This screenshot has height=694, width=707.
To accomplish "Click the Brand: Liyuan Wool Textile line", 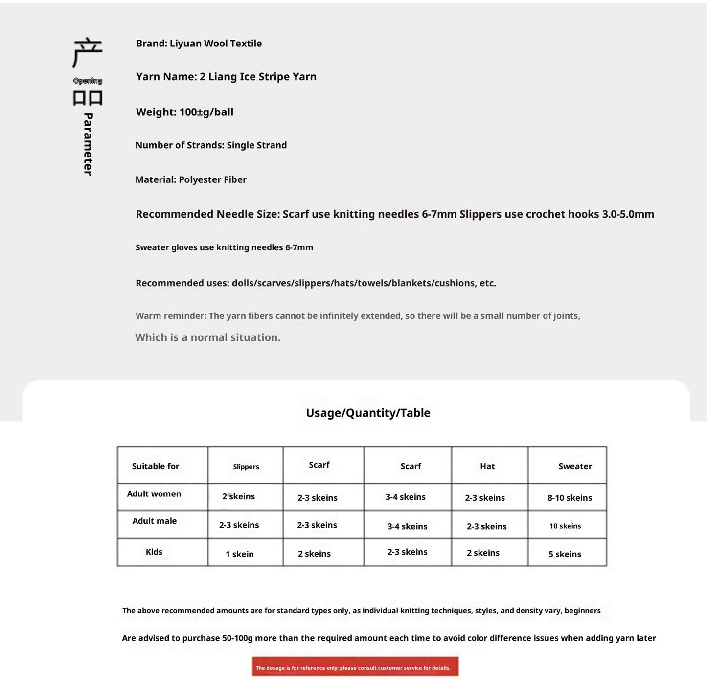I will [199, 44].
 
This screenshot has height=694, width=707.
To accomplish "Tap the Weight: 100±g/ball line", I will [184, 112].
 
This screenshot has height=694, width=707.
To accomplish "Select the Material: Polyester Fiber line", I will [191, 179].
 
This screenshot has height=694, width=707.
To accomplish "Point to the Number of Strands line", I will [211, 145].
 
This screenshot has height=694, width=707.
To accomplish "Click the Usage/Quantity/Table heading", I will [368, 413].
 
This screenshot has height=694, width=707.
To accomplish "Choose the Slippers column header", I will [246, 467].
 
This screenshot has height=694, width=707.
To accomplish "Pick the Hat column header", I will [487, 466].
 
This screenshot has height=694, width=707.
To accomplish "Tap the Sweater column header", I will [575, 466].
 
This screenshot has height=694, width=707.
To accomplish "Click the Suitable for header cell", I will [156, 466].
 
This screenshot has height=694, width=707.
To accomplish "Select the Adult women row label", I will [154, 494].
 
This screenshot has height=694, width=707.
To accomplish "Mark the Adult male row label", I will [155, 521].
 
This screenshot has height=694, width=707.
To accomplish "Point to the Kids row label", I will [154, 552].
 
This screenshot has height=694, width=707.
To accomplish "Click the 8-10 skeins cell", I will [570, 498].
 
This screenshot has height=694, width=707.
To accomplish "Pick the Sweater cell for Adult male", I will [565, 526].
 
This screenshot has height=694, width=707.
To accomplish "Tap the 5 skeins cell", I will [565, 554].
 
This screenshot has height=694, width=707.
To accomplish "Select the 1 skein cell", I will [240, 554].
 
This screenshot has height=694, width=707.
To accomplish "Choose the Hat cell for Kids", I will [483, 553].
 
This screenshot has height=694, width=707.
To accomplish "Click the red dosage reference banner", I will [355, 667].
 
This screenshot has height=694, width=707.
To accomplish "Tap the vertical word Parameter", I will [88, 144].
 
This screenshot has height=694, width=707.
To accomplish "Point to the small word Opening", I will [88, 81].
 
